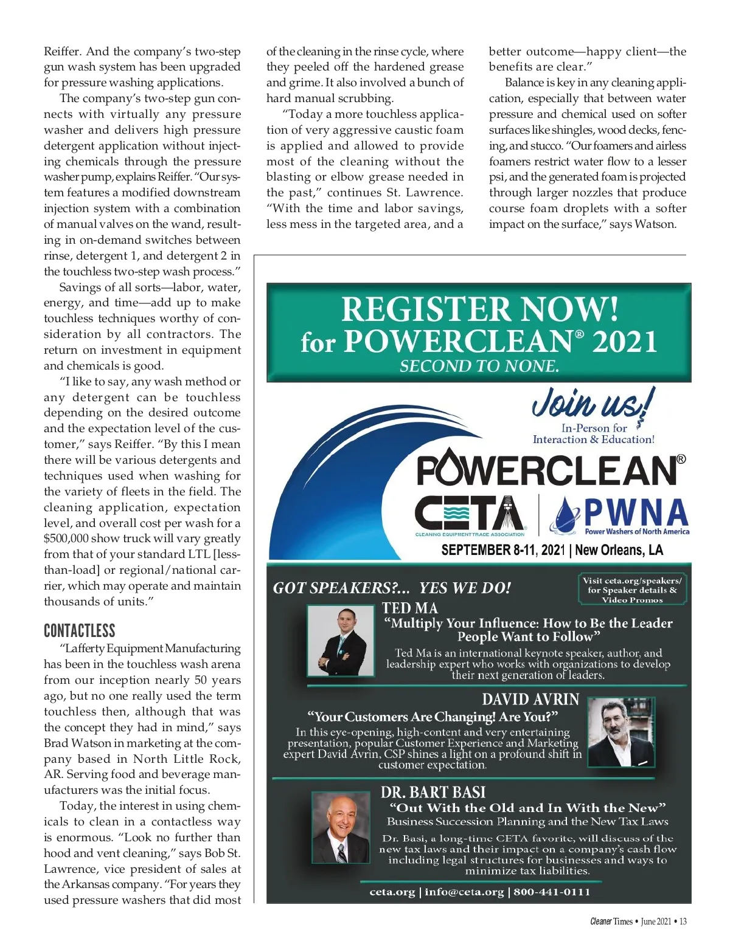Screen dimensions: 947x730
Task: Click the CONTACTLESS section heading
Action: tap(79, 630)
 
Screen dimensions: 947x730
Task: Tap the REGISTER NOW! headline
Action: tap(479, 309)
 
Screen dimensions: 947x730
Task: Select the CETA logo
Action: tap(469, 514)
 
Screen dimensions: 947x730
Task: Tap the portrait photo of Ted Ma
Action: tap(341, 641)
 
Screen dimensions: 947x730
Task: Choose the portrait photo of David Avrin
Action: tap(620, 732)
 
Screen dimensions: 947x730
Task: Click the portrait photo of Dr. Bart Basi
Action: tap(341, 827)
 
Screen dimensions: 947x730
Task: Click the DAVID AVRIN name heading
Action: tap(530, 700)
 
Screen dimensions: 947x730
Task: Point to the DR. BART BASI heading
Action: tap(433, 793)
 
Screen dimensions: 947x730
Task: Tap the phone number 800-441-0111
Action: tap(552, 892)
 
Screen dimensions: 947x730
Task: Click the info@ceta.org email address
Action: tap(464, 892)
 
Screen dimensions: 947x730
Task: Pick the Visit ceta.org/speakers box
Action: tap(632, 590)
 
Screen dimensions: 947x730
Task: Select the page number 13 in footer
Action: tap(683, 921)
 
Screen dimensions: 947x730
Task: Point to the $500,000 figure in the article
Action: tap(66, 539)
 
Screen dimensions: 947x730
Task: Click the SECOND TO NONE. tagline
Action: tap(479, 366)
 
